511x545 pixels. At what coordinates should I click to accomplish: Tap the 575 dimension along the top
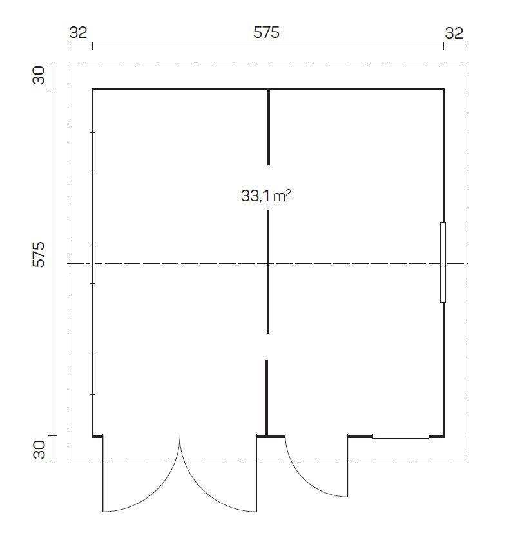coord(266,33)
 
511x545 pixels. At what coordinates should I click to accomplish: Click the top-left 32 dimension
coord(78,33)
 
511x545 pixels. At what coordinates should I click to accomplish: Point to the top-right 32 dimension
coord(454,33)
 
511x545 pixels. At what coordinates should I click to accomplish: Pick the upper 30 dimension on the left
coord(39,76)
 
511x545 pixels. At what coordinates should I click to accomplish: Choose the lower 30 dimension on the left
coord(39,449)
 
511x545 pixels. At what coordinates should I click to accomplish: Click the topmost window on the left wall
coord(92,152)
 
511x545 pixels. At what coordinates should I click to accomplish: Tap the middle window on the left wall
coord(92,263)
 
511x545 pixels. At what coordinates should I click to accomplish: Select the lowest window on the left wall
coord(92,374)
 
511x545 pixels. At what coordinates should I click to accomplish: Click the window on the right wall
coord(443,262)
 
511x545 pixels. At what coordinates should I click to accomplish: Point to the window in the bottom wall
coord(401,436)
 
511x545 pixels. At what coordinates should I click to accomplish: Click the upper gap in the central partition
coord(269,188)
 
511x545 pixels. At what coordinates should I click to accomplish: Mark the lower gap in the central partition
coord(267,347)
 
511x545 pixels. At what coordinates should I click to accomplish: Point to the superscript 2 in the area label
coord(288,192)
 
